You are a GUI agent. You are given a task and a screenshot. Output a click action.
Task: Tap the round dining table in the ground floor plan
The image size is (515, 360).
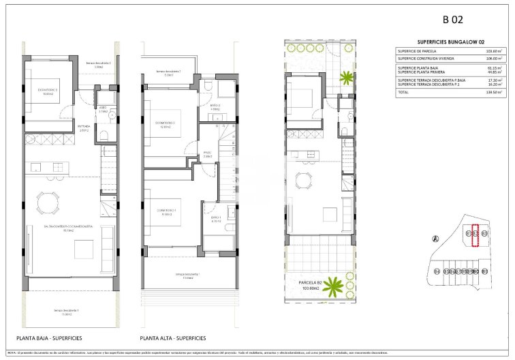pos(48,202)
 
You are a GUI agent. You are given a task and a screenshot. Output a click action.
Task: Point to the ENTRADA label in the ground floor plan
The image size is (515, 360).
pos(84,127)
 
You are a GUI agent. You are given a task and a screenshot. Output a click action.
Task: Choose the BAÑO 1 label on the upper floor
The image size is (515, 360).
pos(217,220)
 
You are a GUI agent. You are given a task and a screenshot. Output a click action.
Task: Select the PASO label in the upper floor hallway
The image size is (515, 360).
pos(208,153)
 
